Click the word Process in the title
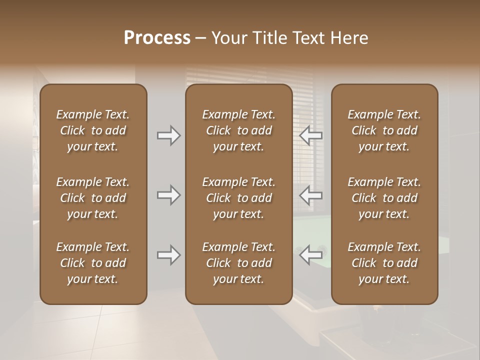157,38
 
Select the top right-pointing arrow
169,135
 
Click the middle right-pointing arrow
169,195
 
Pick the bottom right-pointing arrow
169,255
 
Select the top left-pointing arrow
311,135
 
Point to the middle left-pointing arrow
311,195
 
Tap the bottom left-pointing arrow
311,255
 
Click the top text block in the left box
93,130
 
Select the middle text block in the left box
93,198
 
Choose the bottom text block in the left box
93,263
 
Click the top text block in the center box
238,130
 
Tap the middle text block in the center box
238,198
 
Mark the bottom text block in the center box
238,263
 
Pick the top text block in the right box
384,130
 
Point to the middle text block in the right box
384,198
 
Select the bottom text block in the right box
384,263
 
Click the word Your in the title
229,38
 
